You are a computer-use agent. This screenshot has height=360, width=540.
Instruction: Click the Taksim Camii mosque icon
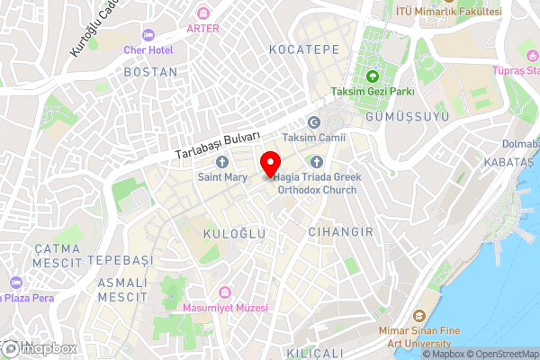313,122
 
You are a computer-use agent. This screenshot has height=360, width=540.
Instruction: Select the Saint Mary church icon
222,162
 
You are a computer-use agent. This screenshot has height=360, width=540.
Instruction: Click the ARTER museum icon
202,13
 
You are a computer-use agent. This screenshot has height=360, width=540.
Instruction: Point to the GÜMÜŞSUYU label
400,118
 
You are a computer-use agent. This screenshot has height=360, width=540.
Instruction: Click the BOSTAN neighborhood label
150,70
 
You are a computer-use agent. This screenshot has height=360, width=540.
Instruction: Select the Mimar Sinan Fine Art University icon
418,316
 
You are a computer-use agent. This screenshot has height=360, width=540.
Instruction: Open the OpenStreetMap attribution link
502,353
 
